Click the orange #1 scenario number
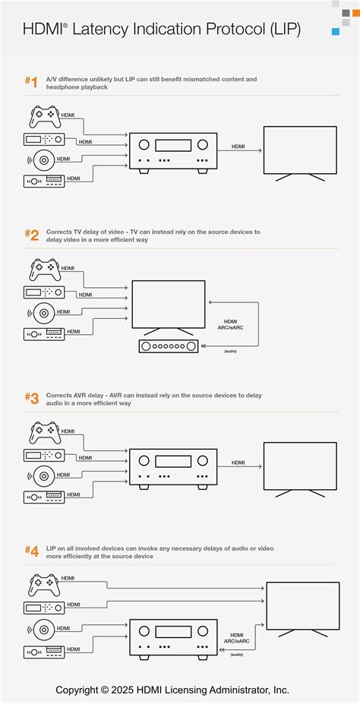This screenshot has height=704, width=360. click(x=31, y=82)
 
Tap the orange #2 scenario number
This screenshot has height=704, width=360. click(x=31, y=235)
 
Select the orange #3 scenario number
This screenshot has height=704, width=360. click(x=31, y=398)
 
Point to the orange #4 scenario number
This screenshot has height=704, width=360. click(x=31, y=551)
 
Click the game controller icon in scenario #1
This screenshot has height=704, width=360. click(x=45, y=116)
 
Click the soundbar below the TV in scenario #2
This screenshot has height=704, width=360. click(x=169, y=346)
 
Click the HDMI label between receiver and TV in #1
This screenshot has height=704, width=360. click(x=238, y=147)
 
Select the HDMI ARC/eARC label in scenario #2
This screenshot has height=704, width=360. click(x=230, y=324)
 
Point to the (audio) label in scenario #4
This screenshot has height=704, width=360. click(x=236, y=655)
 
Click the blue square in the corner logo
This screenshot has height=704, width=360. click(x=335, y=31)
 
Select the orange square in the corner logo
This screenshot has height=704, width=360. click(x=356, y=13)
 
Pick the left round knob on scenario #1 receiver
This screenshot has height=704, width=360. click(x=144, y=144)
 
